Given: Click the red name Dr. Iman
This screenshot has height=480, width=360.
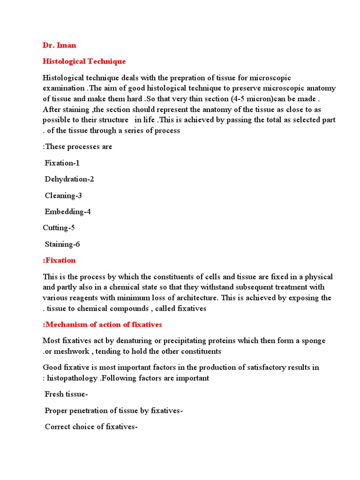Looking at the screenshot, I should pos(59,45).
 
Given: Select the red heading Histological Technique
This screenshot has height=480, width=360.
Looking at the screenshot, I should pos(84,61).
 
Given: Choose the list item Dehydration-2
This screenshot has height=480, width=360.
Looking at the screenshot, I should pos(69,179).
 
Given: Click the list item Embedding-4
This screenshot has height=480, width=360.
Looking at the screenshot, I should pos(67,211).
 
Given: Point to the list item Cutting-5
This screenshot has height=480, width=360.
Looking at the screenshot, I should pos(59,228).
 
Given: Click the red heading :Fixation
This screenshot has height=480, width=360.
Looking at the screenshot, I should pos(59,260).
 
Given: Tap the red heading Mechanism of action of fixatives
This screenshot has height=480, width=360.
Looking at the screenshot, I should pos(102,324).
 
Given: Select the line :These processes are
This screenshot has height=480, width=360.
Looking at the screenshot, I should pos(77,147).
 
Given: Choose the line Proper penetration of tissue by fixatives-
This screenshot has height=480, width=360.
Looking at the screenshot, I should pos(113,411).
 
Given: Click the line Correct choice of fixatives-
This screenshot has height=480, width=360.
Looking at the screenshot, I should pos(91,427).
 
